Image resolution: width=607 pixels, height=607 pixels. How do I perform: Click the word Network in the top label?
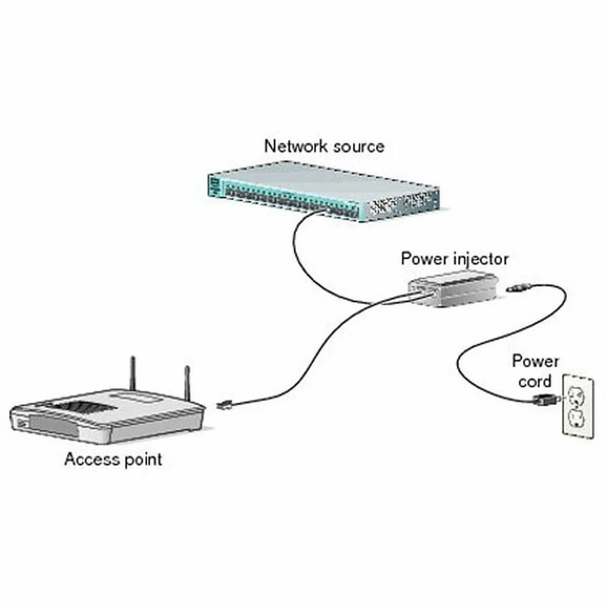coord(292,146)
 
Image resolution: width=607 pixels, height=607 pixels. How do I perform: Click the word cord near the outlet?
coord(534,381)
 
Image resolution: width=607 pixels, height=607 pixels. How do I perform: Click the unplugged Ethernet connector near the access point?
coord(224,405)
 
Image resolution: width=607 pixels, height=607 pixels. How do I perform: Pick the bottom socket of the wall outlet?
coord(577,418)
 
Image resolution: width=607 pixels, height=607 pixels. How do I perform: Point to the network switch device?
coord(324,190)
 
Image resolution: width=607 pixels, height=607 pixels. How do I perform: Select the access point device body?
coord(106,415)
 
